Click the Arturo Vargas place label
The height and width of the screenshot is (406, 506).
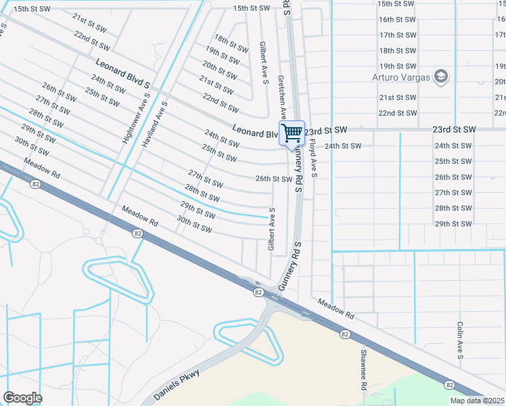point(401,77)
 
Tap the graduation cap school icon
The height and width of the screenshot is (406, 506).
point(442,76)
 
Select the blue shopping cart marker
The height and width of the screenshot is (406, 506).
point(292,133)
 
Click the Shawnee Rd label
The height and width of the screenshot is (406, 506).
point(363,369)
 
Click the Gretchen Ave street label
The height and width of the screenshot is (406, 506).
point(282,97)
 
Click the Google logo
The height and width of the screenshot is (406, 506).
point(23,398)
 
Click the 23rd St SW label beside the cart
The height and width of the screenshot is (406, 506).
point(325,129)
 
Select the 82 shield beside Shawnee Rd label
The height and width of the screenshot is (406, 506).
point(345,334)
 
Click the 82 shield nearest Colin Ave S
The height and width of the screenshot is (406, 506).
point(450,384)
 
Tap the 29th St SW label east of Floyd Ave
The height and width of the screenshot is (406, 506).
point(453,224)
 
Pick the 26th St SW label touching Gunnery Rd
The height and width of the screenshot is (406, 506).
point(273,179)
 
